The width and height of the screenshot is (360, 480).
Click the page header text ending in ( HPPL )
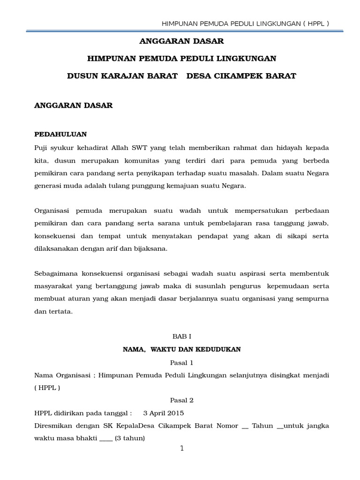point(245,23)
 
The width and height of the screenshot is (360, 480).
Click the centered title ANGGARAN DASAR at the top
point(182,42)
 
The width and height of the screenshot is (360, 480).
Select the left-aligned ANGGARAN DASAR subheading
point(74,105)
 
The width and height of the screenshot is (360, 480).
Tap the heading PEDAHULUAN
point(61,134)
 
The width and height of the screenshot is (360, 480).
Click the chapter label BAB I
point(181,337)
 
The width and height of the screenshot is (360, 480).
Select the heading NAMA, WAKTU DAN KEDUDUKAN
point(181,349)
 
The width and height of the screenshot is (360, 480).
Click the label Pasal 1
point(181,362)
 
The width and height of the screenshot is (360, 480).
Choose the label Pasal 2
point(181,400)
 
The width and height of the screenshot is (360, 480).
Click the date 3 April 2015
point(164,413)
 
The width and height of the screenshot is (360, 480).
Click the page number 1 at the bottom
point(182,449)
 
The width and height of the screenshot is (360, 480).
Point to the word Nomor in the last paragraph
point(227,426)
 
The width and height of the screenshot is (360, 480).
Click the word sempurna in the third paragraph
point(312,298)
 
